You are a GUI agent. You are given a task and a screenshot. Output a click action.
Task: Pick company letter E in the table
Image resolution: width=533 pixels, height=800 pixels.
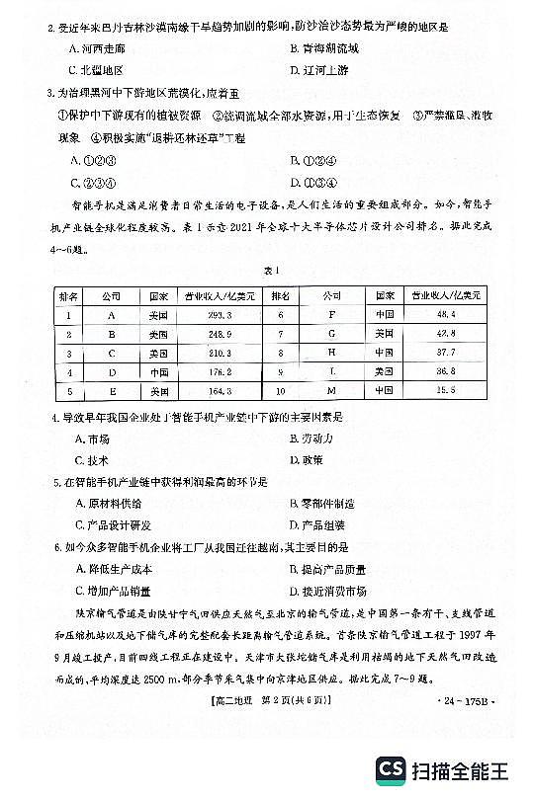pyautogui.click(x=112, y=391)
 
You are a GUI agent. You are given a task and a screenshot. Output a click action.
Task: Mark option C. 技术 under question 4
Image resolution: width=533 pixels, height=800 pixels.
pyautogui.click(x=90, y=460)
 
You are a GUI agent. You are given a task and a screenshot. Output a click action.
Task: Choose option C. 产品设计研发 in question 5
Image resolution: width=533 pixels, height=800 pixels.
pyautogui.click(x=112, y=524)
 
